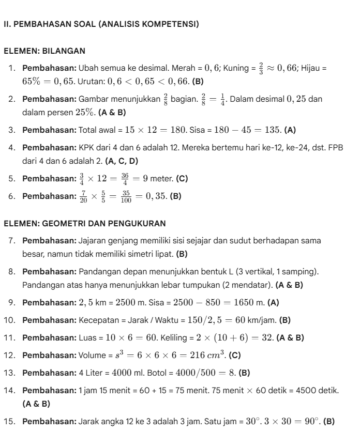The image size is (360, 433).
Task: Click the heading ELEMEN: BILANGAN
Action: pos(44,51)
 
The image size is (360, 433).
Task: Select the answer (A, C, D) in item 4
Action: pos(122,162)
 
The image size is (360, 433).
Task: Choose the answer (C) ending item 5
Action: pos(182,179)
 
